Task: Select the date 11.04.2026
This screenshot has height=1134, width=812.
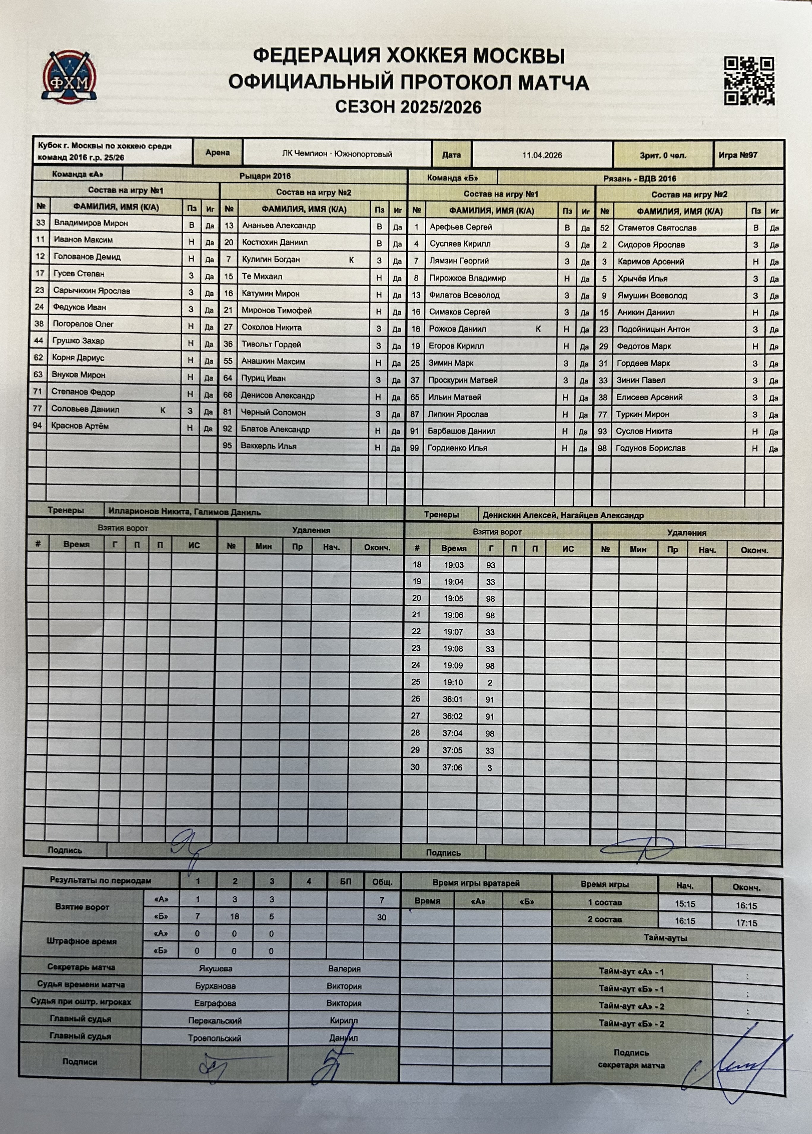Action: click(542, 155)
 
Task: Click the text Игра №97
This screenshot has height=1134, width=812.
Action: click(738, 155)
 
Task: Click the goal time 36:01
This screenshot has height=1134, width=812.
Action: click(453, 699)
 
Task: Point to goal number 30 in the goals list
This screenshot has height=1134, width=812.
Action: click(415, 767)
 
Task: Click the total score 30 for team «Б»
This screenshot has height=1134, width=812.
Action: click(382, 918)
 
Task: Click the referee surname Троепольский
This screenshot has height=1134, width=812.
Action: click(214, 1038)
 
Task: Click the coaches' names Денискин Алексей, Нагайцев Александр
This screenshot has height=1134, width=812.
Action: click(563, 515)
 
